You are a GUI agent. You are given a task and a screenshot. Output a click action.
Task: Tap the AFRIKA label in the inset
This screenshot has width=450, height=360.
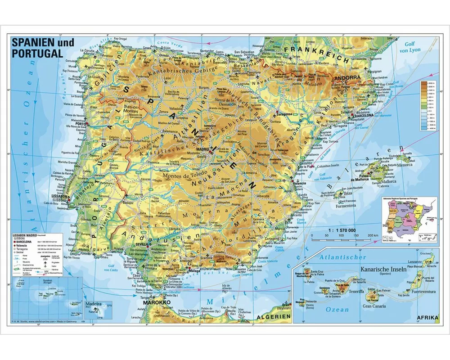(x=427, y=318)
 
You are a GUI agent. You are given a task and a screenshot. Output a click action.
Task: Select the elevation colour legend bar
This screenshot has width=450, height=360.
(x=424, y=106)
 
